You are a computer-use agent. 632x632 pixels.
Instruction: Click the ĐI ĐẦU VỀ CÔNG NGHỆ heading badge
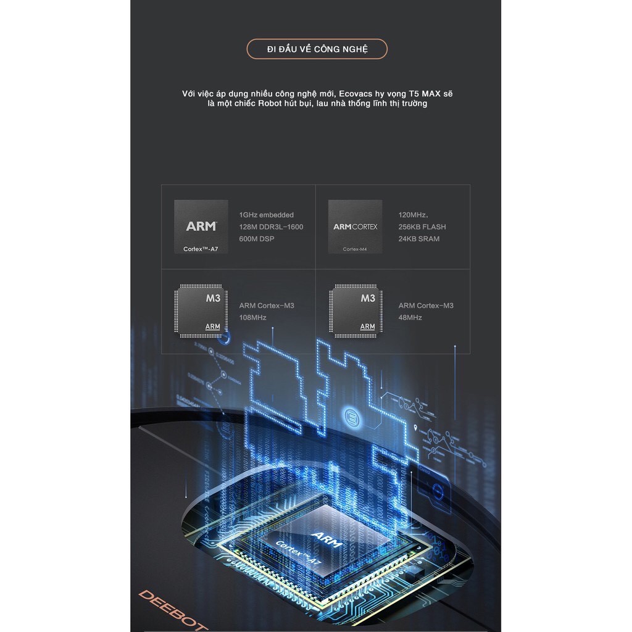(317, 49)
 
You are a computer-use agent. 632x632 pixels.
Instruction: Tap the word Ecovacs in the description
(356, 93)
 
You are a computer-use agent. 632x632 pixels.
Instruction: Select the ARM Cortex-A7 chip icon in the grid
(201, 227)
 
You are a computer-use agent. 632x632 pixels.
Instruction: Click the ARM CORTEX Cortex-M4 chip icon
(355, 227)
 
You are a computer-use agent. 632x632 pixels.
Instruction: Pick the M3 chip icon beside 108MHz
(201, 310)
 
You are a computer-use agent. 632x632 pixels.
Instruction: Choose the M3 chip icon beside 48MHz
(355, 310)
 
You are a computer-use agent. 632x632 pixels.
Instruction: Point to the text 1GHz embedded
(267, 215)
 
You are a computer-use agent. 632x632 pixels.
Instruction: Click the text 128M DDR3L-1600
(271, 227)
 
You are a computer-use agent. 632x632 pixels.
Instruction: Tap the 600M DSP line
(257, 239)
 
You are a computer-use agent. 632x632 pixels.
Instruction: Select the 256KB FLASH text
(422, 227)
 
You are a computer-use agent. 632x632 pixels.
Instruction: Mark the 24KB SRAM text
(419, 239)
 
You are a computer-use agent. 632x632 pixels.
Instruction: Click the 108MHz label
(252, 318)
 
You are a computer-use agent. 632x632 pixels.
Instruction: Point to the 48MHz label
(410, 318)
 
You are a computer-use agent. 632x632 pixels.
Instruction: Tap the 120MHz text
(413, 215)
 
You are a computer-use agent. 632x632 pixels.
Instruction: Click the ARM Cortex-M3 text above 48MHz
(426, 306)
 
